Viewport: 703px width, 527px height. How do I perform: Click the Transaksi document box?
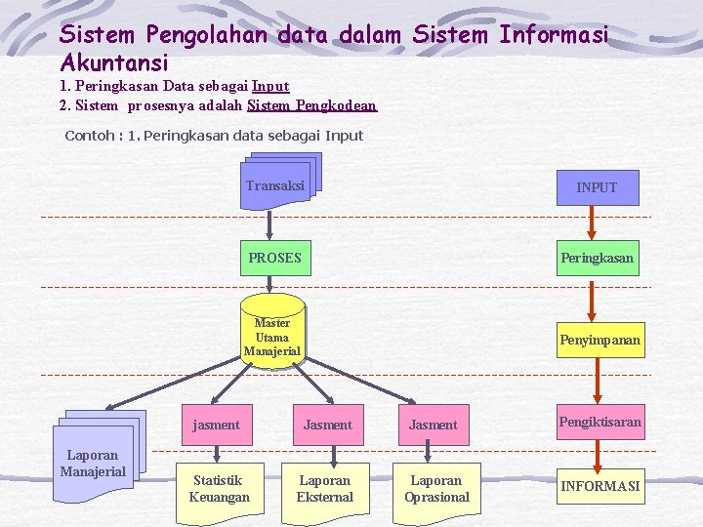(276, 184)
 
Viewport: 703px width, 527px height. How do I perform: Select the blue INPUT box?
(596, 186)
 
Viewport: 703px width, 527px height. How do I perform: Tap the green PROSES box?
(274, 259)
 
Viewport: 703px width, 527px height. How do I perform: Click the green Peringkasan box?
(597, 259)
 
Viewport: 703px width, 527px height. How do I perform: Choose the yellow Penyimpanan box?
(600, 341)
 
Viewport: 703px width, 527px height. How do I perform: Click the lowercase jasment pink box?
(216, 425)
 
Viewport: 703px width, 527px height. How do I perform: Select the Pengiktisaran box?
(600, 423)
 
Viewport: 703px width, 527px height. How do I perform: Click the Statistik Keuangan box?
(219, 489)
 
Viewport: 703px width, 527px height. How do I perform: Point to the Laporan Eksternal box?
(325, 489)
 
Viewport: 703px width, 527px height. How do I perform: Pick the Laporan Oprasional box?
(436, 489)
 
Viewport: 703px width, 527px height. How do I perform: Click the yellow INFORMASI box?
(600, 485)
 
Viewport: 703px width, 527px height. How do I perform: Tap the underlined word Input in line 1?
(269, 86)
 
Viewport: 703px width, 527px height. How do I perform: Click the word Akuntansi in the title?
(114, 62)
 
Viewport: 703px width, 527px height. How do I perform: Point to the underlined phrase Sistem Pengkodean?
(311, 105)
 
